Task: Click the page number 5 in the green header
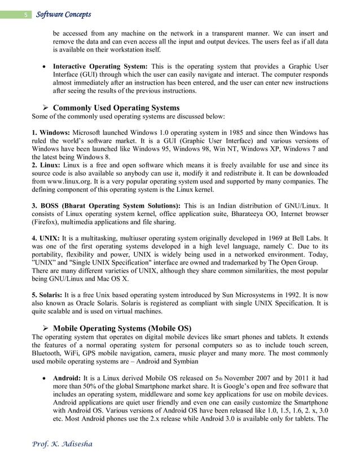(25, 15)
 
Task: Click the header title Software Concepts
(63, 14)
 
